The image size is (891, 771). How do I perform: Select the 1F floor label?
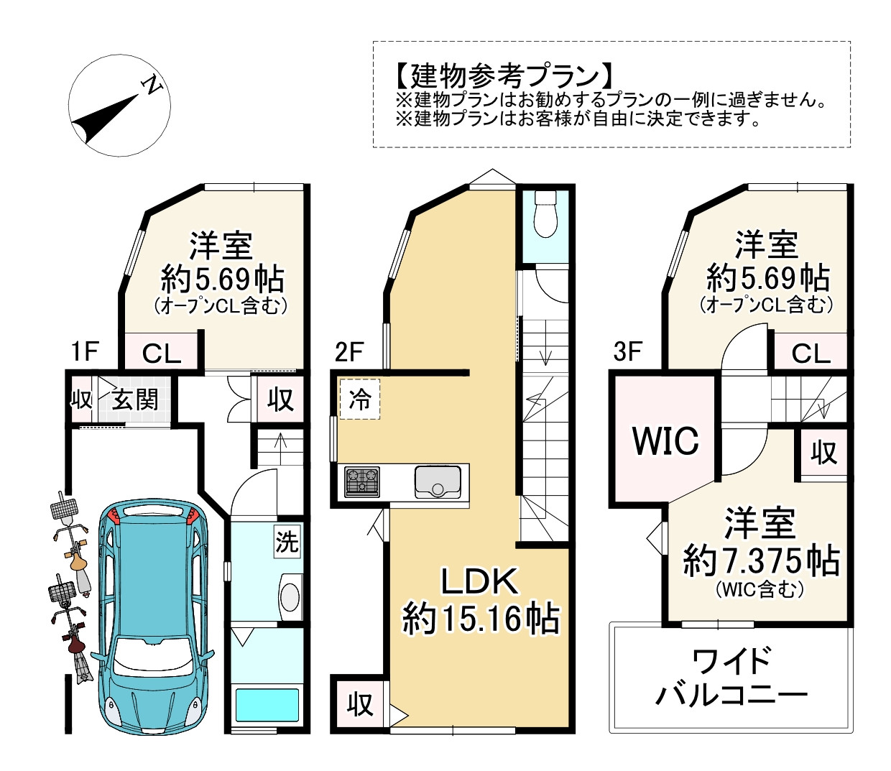coord(84,351)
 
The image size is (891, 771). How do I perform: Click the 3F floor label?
coord(627,351)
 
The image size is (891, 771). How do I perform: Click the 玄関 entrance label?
coord(135,400)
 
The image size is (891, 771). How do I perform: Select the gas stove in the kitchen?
coord(361,481)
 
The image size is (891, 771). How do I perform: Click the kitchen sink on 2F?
coord(438,481)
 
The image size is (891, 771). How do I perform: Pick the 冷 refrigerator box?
coord(359,399)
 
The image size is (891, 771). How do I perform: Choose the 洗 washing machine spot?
coord(287,541)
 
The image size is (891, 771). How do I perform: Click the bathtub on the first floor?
coord(267,705)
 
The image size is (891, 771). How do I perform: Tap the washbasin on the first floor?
coord(290,596)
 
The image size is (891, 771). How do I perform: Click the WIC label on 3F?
coord(665,440)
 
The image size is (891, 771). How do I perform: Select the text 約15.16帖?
coord(480,618)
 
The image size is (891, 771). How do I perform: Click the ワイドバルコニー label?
coord(731,678)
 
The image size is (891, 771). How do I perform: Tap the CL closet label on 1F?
coord(161,353)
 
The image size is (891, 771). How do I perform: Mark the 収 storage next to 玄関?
coord(80,400)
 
